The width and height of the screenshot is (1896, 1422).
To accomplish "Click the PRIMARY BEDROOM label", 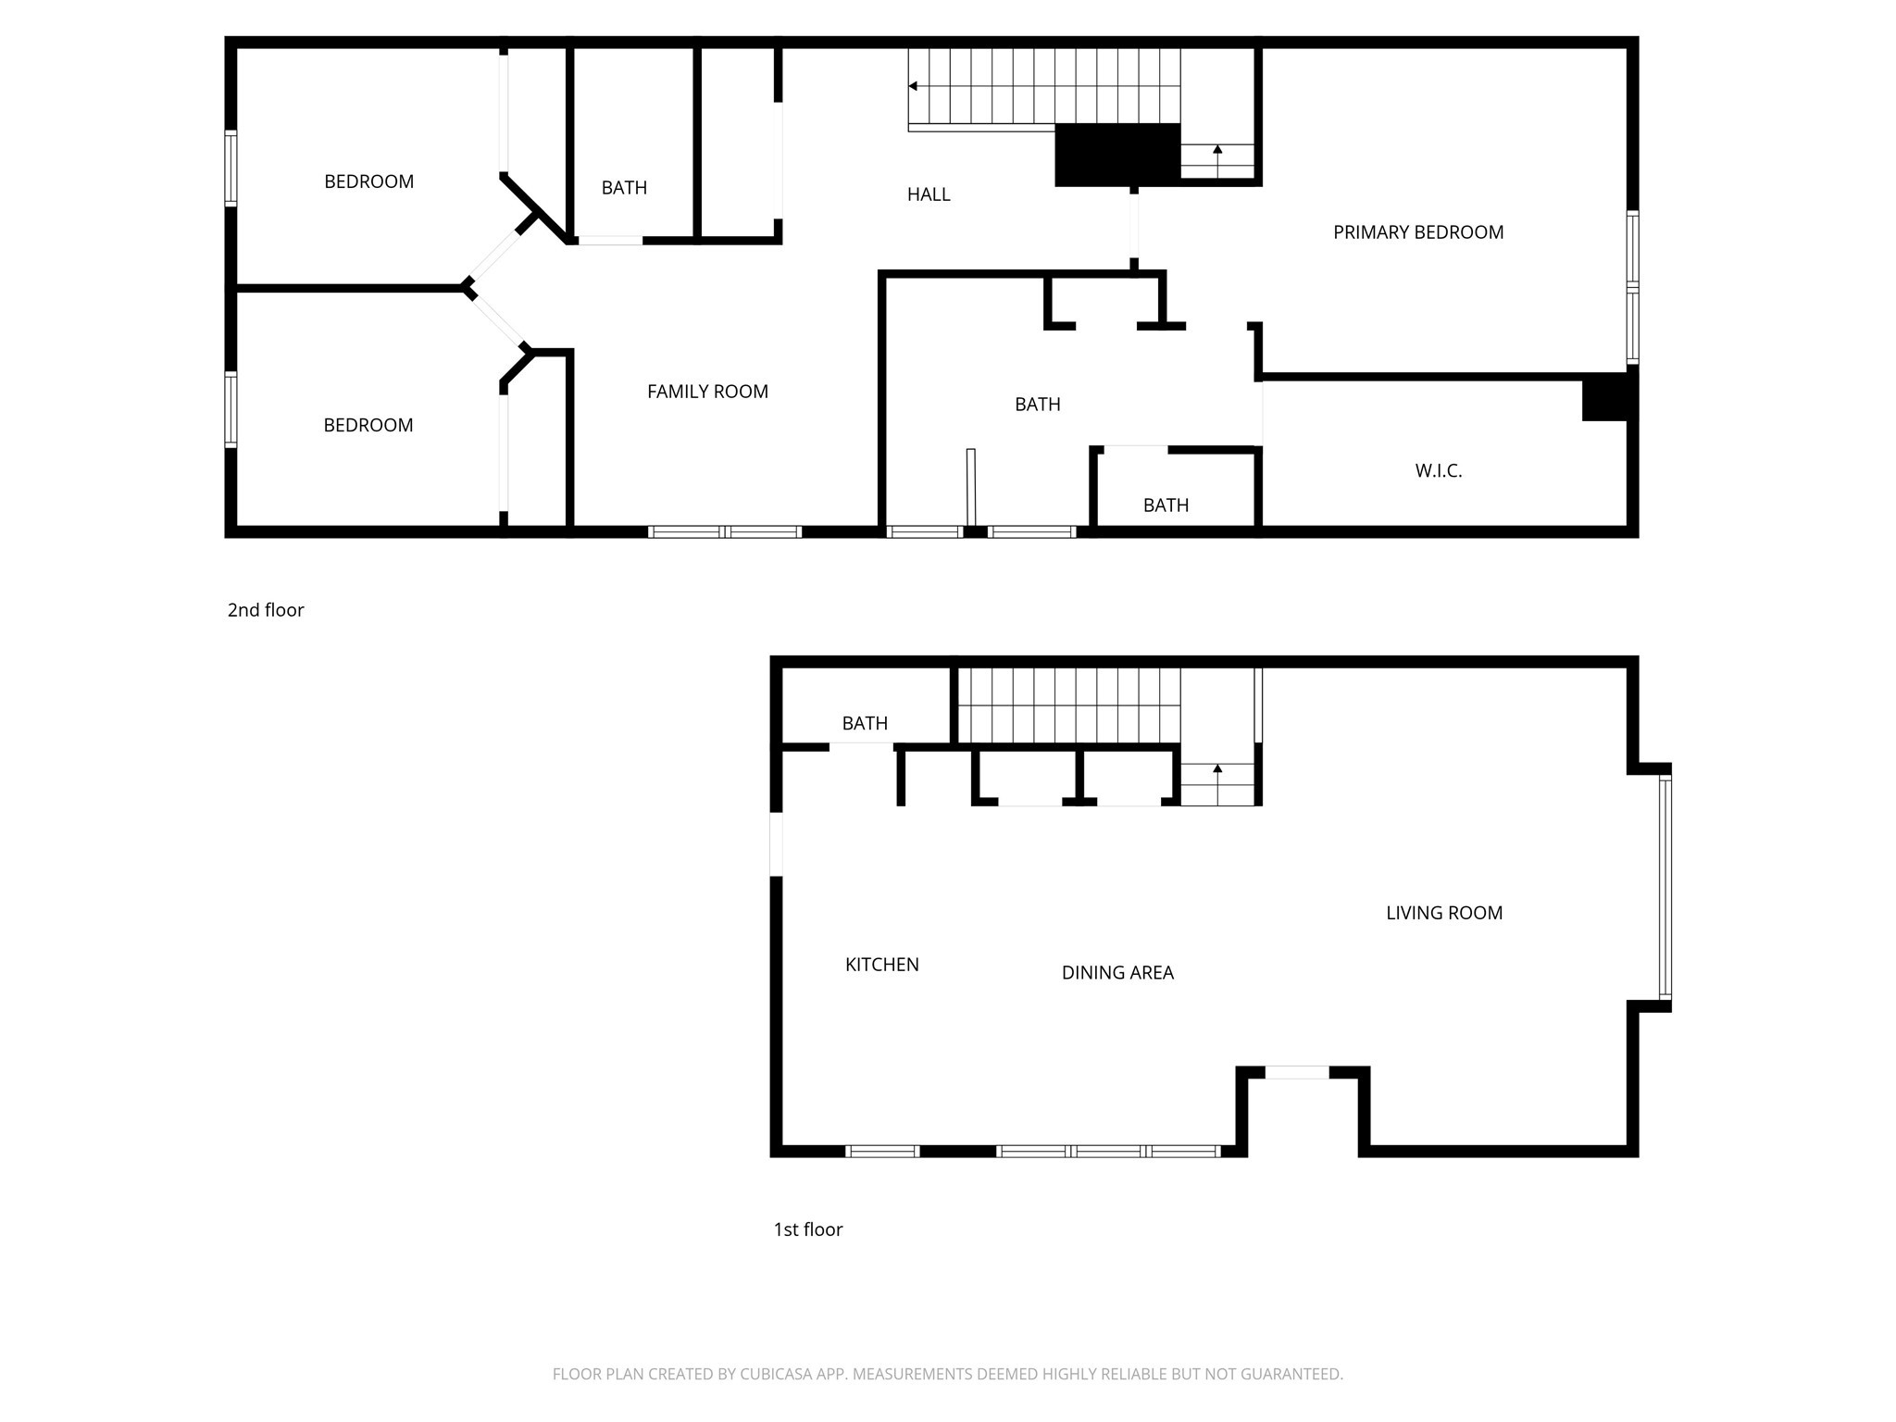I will click(x=1417, y=232).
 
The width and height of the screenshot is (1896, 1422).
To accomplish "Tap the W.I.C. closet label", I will click(x=1438, y=470).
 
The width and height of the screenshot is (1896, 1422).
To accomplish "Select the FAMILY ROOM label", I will click(x=707, y=392).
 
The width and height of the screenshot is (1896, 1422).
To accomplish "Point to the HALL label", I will click(x=929, y=194).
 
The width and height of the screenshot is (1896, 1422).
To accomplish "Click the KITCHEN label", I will click(x=881, y=965).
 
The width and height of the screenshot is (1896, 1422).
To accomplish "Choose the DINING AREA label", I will click(x=1117, y=972).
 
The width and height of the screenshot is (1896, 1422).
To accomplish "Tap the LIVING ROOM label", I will click(x=1443, y=913).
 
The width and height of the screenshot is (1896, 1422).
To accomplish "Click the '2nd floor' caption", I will click(x=266, y=610).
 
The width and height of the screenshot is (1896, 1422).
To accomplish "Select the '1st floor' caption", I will click(x=808, y=1229).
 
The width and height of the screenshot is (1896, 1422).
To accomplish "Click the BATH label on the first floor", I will click(x=865, y=723).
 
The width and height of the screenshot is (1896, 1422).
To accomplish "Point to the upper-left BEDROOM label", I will click(x=368, y=181).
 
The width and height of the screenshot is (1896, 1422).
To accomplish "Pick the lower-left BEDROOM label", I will click(x=368, y=425).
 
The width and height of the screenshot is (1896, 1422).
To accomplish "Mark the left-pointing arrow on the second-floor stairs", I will click(x=913, y=86).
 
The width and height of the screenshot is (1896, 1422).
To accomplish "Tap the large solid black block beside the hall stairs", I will click(x=1117, y=154).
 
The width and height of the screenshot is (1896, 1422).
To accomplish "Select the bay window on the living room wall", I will click(x=1665, y=888).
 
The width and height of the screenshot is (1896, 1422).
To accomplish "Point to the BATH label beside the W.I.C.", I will click(x=1166, y=505).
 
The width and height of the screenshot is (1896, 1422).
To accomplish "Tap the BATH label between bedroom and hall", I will click(x=624, y=188).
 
